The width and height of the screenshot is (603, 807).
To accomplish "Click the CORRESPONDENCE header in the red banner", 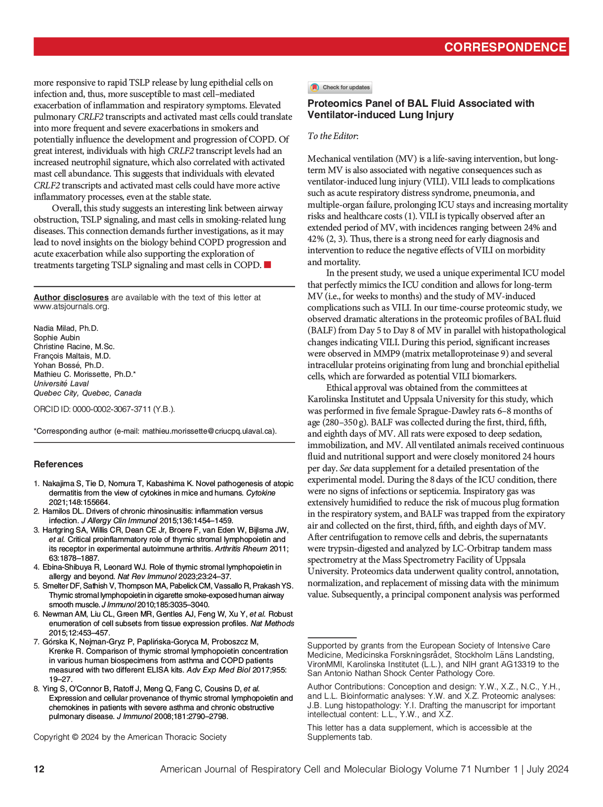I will coord(505,47).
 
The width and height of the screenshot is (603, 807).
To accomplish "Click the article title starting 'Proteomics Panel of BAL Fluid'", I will coord(421,109).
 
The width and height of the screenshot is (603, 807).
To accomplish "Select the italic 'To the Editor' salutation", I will coord(333,136).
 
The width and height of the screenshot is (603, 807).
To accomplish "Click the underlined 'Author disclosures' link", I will coord(71,297).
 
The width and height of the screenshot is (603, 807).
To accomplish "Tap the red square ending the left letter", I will coord(267,265).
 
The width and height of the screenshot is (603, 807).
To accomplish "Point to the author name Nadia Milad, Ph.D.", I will coord(66,328).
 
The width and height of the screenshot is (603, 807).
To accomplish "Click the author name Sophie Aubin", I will coord(56,338).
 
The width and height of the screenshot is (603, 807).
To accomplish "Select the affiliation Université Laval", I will coord(61,384).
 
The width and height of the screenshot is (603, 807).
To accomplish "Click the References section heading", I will coord(58,464).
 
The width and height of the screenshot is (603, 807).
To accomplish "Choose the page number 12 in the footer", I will coord(39,769).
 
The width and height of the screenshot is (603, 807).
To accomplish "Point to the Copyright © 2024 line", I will coord(130,737).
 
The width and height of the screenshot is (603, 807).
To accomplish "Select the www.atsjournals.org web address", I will coord(71,307).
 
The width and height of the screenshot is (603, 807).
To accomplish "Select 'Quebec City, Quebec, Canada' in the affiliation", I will coord(87,393).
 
